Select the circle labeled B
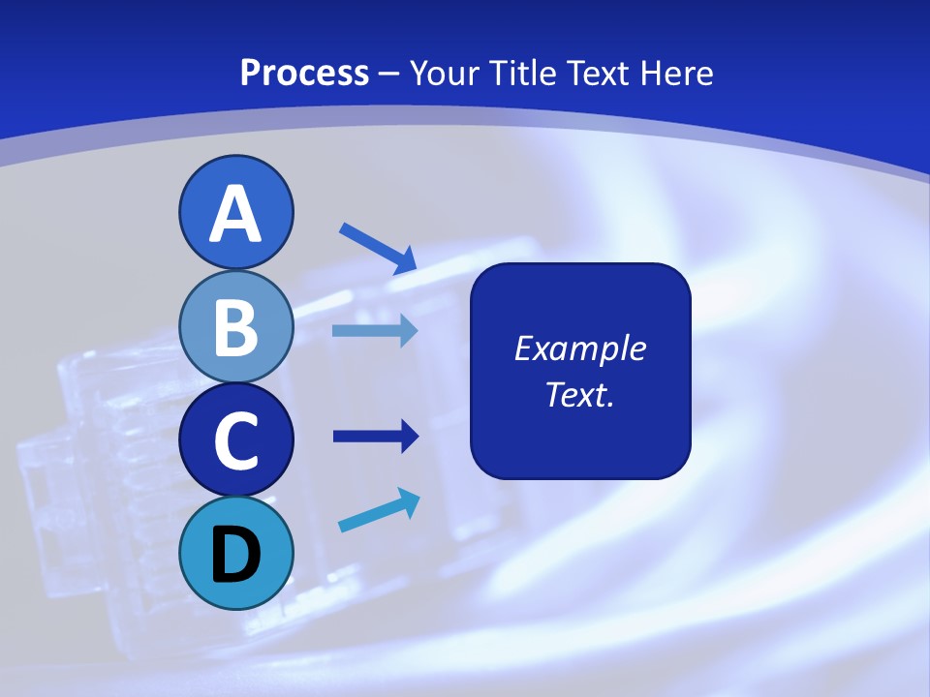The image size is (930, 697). point(236,326)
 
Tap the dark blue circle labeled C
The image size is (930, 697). point(236,440)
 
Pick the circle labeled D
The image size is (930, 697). point(236,554)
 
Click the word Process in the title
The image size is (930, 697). point(304,73)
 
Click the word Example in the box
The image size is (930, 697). point(580,348)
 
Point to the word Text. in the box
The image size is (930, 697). point(580,394)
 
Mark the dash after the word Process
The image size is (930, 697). point(389,74)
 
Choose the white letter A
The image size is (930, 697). point(236,215)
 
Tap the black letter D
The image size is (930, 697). point(236,555)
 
